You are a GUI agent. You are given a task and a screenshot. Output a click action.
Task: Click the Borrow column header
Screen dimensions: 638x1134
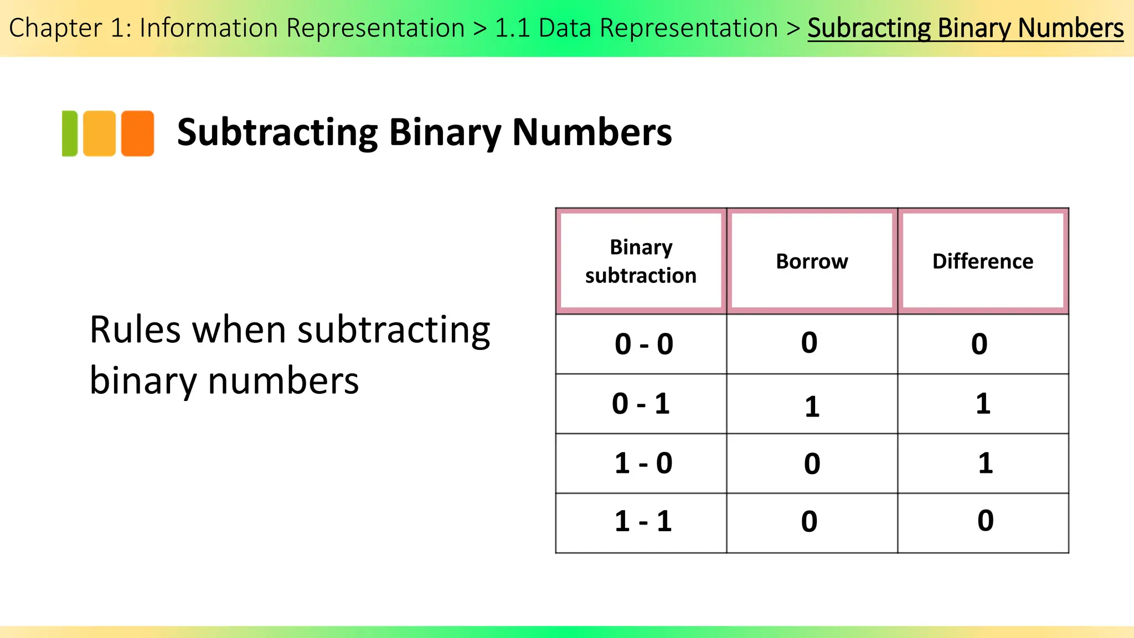(812, 261)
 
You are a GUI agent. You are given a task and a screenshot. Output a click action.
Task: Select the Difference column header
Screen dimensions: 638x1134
(983, 261)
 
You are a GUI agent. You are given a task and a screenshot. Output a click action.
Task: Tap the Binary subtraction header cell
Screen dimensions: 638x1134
(641, 261)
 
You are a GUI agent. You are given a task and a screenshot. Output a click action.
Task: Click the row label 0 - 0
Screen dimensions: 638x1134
(643, 344)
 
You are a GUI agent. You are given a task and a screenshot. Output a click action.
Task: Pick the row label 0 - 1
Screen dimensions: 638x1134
(641, 404)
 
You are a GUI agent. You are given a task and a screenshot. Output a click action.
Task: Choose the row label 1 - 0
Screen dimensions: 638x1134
(643, 464)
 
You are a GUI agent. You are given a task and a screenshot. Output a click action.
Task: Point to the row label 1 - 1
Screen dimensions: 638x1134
(643, 522)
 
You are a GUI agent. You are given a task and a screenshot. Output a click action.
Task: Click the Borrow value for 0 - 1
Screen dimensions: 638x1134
(812, 407)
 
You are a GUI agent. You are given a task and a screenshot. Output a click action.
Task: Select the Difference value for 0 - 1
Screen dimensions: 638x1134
(983, 404)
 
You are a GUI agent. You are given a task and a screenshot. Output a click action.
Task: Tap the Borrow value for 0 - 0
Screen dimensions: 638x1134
(809, 343)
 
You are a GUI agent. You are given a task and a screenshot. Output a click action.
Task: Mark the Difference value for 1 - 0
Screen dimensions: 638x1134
(985, 464)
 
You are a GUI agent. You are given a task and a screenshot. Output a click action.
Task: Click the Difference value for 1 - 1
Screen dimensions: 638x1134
(985, 521)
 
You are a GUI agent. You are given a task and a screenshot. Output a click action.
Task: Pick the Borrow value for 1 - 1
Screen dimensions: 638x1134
(809, 522)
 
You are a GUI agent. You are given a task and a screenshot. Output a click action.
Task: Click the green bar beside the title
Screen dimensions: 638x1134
(70, 133)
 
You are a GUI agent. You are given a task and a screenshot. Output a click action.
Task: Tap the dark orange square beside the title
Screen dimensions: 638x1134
(137, 133)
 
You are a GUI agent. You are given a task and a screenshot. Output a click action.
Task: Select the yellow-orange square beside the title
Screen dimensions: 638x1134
(100, 133)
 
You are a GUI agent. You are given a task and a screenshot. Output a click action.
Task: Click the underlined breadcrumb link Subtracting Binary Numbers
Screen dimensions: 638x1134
(965, 28)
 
